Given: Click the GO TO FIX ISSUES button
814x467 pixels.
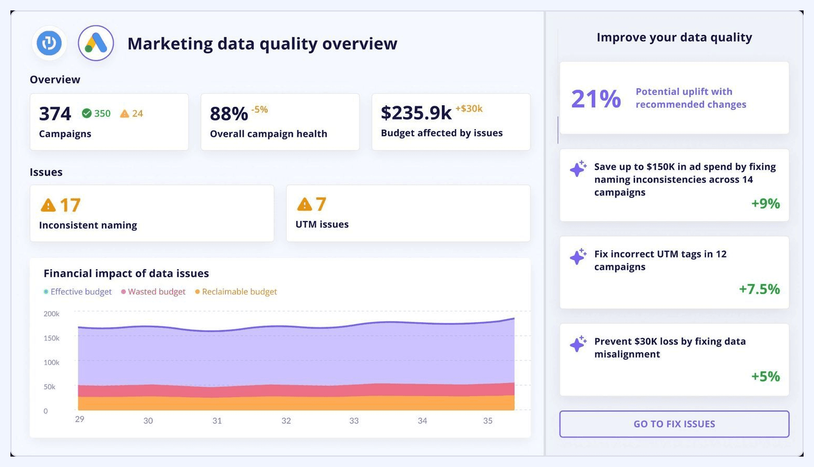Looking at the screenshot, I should click(x=674, y=424).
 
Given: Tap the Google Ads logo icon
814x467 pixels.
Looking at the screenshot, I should click(x=96, y=43).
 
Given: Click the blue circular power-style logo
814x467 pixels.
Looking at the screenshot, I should click(x=50, y=43).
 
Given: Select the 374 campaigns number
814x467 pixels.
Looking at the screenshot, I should click(x=55, y=114).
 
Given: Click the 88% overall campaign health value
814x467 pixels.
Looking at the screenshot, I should click(x=229, y=114).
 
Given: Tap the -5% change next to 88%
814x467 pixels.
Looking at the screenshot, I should click(x=259, y=109).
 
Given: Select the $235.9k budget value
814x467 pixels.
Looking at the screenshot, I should click(x=416, y=113).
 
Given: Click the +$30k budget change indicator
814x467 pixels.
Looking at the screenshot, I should click(x=469, y=108).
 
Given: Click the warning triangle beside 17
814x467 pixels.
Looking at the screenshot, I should click(x=48, y=205).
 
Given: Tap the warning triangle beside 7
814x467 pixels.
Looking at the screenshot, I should click(x=304, y=204).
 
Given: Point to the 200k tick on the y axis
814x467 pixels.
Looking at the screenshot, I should click(x=52, y=314).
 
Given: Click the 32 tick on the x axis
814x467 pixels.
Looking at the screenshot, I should click(x=286, y=421).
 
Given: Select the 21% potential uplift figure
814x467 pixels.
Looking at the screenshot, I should click(x=596, y=99).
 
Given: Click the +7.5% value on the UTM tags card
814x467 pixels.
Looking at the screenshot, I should click(x=759, y=289).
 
